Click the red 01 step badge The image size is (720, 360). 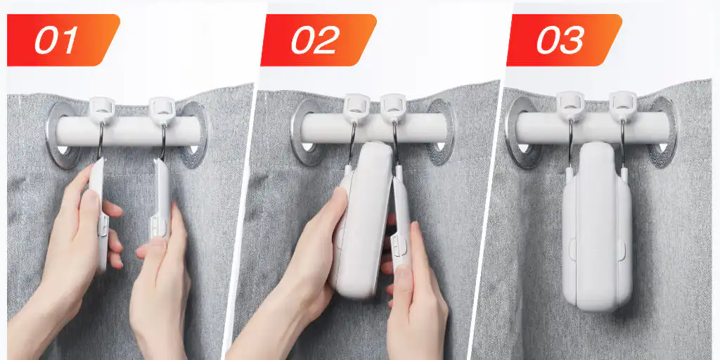click(63, 40)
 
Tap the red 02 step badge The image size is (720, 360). click(319, 40)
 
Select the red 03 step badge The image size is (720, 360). click(565, 40)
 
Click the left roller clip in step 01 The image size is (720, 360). click(101, 110)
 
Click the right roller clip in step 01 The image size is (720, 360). click(162, 111)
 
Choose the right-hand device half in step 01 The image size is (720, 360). click(161, 198)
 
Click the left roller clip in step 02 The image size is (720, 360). click(356, 108)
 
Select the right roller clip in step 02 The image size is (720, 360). click(393, 108)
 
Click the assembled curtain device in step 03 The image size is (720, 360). click(597, 226)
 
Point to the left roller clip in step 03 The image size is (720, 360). click(570, 105)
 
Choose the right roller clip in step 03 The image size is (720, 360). click(623, 105)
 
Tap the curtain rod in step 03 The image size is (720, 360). click(592, 128)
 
